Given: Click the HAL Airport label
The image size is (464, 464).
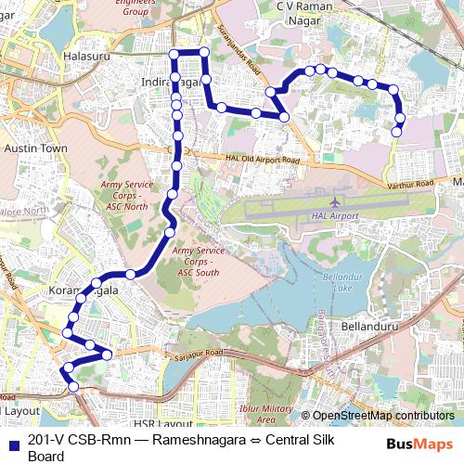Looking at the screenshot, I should (x=335, y=216).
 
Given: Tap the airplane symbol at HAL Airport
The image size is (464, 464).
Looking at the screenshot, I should (x=335, y=201).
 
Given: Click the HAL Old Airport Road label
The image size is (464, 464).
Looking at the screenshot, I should (x=263, y=160).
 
